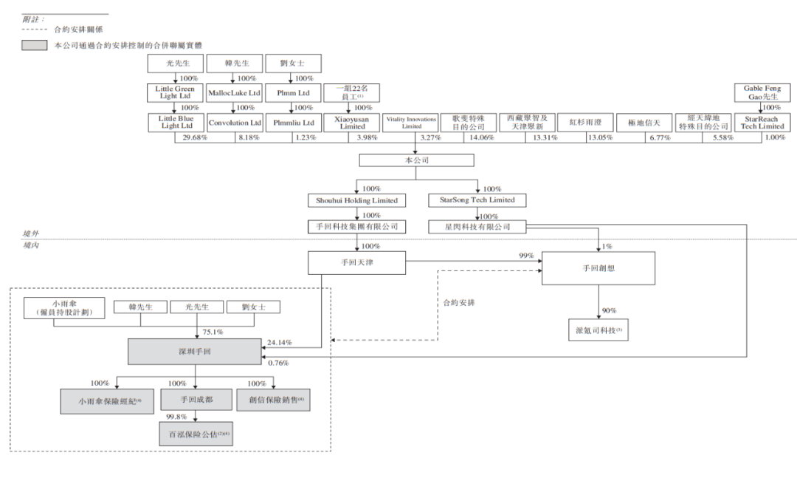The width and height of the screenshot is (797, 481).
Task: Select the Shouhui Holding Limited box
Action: [356, 201]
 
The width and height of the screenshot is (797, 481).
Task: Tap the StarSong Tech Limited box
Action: [477, 201]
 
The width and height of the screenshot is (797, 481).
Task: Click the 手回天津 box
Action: [356, 262]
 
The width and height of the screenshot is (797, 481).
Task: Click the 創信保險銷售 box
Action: [274, 400]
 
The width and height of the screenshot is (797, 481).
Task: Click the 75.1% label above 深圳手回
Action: [213, 332]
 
